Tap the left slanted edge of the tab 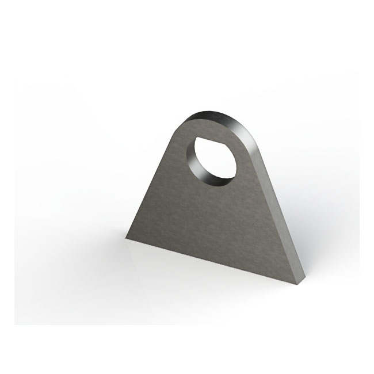[x=150, y=184]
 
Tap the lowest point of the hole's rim [x=213, y=187]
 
